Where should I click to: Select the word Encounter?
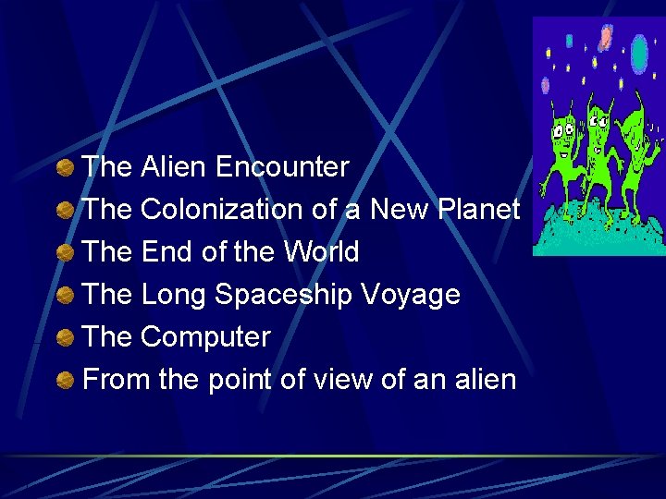click(282, 167)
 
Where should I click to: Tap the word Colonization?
click(222, 210)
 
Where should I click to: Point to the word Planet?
click(477, 210)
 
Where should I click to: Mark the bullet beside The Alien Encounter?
click(65, 167)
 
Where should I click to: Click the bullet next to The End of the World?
click(65, 252)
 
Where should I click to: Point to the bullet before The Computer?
click(65, 337)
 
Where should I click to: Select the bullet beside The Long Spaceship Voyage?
click(65, 295)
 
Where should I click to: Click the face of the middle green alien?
click(598, 129)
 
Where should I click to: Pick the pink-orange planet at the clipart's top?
click(605, 36)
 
